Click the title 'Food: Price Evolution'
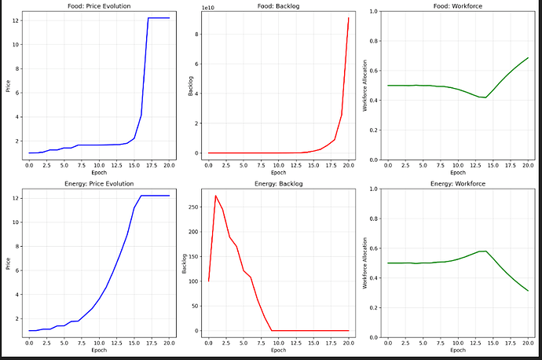pos(98,6)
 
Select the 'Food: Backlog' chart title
pos(278,6)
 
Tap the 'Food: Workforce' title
pos(457,6)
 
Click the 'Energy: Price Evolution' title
pos(98,183)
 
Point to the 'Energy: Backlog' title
pos(278,183)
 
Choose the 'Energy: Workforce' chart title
pos(457,183)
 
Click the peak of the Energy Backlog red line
pos(215,196)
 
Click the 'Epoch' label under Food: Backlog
pos(278,172)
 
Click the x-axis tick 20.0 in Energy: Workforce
pos(528,343)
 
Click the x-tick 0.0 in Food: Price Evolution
pos(29,166)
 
